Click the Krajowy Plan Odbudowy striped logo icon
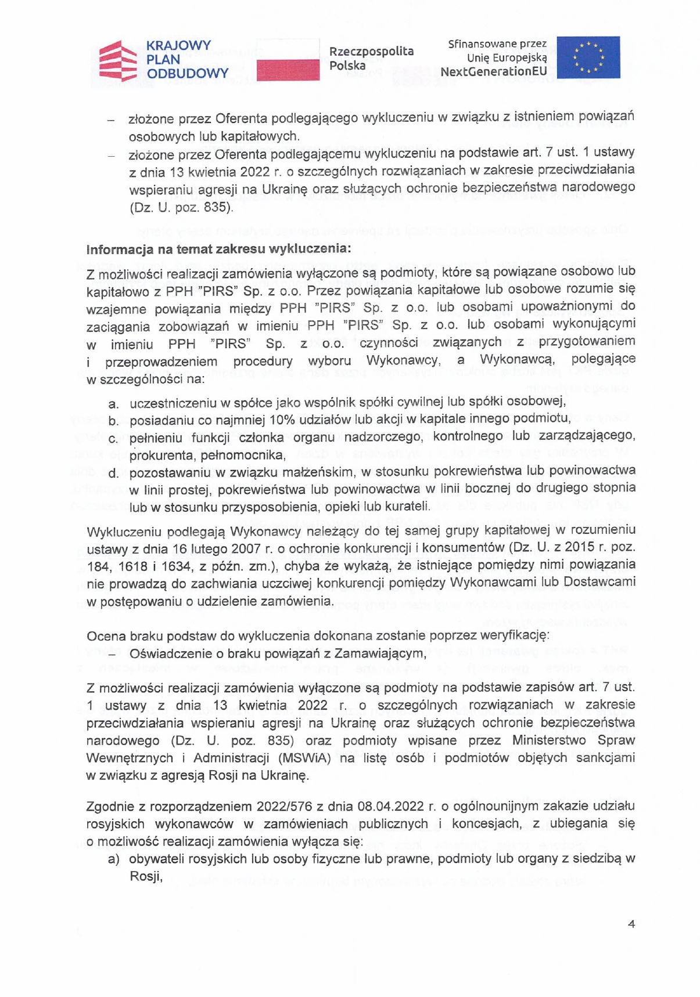pos(119,60)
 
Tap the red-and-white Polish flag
pos(288,60)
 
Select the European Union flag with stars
pos(588,57)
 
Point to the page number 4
pos(631,924)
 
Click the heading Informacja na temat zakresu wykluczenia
pos(218,250)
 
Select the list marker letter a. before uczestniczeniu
pos(114,403)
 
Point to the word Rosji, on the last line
pos(145,876)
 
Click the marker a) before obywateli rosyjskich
pos(113,859)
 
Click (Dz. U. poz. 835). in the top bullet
pos(181,207)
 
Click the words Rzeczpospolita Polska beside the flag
pos(371,58)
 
